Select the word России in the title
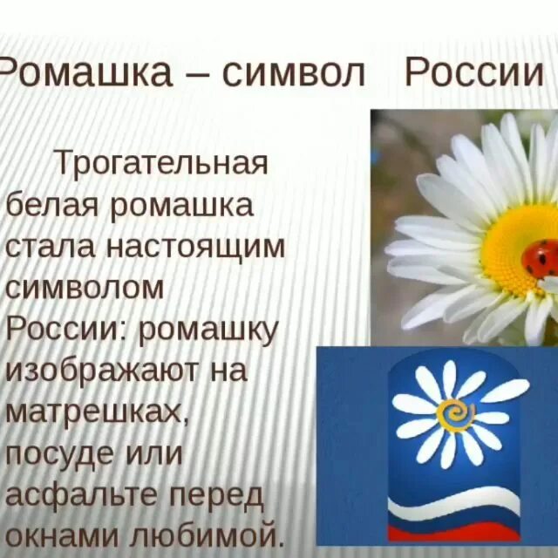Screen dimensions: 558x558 click(x=474, y=74)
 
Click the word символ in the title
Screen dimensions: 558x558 click(x=292, y=74)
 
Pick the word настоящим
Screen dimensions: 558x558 click(x=195, y=247)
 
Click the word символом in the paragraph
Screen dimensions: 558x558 click(x=85, y=288)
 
